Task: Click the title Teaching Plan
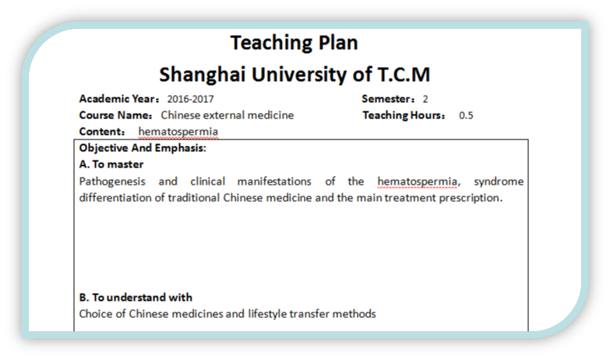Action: [294, 43]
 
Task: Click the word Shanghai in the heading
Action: [203, 75]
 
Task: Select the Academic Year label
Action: [119, 99]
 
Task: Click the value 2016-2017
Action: [190, 99]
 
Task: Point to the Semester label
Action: [388, 99]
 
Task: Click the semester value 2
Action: [425, 99]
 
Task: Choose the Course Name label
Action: [115, 115]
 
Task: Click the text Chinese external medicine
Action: [227, 115]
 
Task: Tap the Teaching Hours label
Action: [404, 115]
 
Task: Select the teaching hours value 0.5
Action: [466, 115]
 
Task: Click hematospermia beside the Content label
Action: [178, 132]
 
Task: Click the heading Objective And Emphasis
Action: [143, 148]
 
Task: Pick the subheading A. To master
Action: [111, 164]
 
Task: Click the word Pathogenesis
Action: [112, 182]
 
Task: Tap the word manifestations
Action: [274, 182]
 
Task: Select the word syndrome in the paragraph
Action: [499, 182]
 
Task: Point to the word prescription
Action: [471, 198]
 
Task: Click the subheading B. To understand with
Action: [136, 298]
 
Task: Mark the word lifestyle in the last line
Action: [267, 314]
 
